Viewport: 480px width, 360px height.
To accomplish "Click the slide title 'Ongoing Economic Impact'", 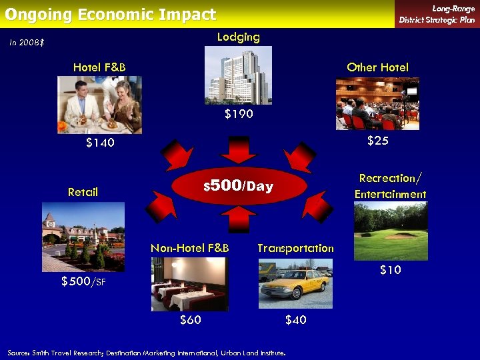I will coord(111,15).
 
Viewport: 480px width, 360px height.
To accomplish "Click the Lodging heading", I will coord(238,37).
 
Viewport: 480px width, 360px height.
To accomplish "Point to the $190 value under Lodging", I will coord(239,114).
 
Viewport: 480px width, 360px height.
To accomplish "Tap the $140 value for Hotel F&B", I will coord(100,143).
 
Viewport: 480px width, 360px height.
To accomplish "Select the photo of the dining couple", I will coord(99,105).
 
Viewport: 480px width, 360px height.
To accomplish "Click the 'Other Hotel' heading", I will coord(377,67).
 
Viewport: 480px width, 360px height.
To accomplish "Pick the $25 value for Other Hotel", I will coord(378,141).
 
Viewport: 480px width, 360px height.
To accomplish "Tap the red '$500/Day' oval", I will coord(239,186).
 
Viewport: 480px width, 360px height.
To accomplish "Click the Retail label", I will coord(83,192).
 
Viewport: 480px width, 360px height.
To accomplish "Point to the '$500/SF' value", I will coord(83,281).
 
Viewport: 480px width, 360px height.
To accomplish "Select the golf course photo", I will coord(390,231).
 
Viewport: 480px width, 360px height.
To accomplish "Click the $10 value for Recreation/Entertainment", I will coord(390,270).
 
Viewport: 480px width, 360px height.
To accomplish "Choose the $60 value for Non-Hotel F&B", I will coord(191,320).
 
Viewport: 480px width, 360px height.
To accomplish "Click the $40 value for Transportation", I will coord(295,320).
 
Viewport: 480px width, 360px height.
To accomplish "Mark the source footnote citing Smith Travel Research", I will coord(147,351).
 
